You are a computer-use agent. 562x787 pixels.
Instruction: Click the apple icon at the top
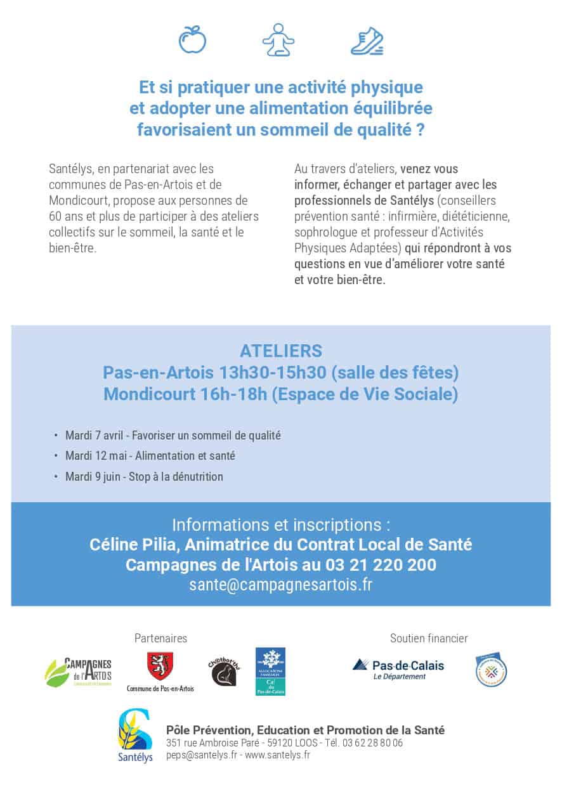pyautogui.click(x=192, y=40)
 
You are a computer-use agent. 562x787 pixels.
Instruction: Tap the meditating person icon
pyautogui.click(x=278, y=40)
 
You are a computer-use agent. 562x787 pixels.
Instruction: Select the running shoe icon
pyautogui.click(x=367, y=40)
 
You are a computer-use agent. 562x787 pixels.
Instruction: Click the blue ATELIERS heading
pyautogui.click(x=280, y=351)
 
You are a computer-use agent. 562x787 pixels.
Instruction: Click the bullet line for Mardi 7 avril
pyautogui.click(x=173, y=436)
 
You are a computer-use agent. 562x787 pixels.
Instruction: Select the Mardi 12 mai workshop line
pyautogui.click(x=150, y=456)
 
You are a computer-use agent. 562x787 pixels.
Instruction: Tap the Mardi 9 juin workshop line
pyautogui.click(x=144, y=476)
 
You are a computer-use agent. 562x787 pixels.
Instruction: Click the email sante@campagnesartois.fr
pyautogui.click(x=280, y=585)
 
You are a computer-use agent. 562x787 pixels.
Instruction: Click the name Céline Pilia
pyautogui.click(x=126, y=544)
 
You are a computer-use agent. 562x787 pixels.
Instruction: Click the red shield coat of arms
pyautogui.click(x=160, y=667)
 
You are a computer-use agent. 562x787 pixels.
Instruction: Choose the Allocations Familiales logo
pyautogui.click(x=270, y=671)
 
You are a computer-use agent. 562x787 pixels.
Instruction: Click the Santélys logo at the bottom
pyautogui.click(x=135, y=736)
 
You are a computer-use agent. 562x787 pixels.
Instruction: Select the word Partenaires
pyautogui.click(x=160, y=639)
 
